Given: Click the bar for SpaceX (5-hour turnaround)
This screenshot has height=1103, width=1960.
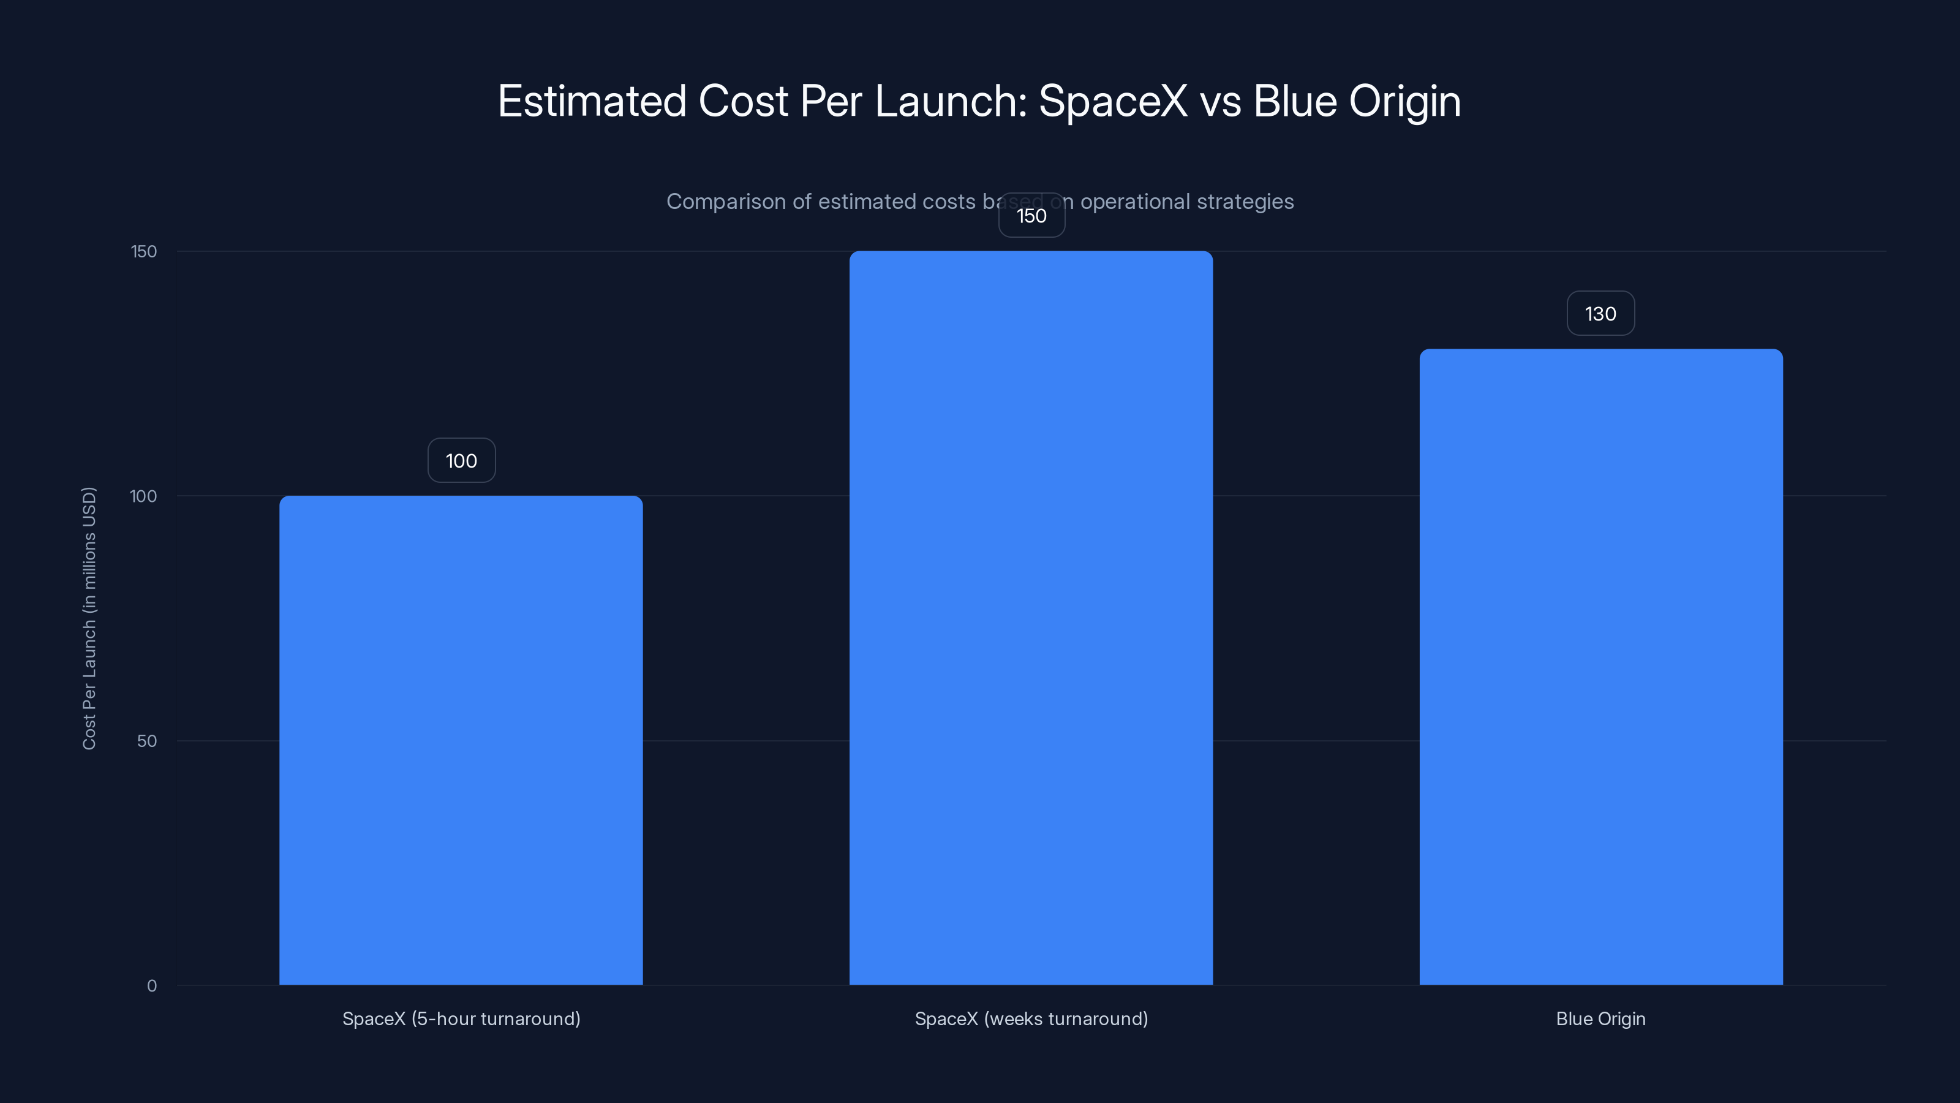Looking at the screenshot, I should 461,740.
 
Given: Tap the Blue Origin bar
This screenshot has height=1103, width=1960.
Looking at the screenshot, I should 1601,667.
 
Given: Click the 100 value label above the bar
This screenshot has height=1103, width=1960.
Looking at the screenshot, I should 461,461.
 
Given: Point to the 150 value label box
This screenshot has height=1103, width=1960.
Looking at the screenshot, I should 1031,216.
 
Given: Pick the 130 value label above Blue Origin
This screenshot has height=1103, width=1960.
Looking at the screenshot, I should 1600,314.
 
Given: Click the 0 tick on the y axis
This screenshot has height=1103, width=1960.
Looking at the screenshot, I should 151,986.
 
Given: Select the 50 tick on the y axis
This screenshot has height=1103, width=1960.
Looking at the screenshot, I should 147,741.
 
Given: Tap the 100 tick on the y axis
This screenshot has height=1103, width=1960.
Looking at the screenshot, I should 143,496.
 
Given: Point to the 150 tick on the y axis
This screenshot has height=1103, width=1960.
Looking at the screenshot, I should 144,251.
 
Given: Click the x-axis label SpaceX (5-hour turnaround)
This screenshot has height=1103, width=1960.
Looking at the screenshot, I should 461,1018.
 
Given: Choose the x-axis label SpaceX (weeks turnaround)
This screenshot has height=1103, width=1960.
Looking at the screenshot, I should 1031,1018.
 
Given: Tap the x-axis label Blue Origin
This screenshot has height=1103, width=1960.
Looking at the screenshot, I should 1600,1018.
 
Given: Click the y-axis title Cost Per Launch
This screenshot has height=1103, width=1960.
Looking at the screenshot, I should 89,618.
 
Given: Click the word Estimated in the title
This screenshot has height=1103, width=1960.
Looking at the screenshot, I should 592,101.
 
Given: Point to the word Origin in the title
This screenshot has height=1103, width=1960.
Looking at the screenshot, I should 1404,101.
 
